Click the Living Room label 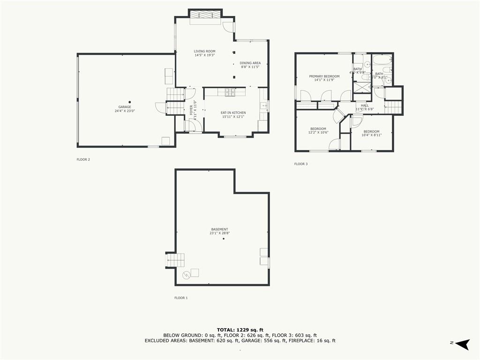(204, 51)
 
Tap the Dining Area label (250, 63)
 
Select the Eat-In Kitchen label (233, 112)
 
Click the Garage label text (124, 107)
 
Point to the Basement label (219, 229)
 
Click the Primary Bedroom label (324, 76)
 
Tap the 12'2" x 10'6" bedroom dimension (318, 133)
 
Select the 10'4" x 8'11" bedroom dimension (371, 135)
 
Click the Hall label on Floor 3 (365, 105)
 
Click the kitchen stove (229, 92)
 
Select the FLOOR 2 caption (83, 159)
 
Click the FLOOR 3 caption (300, 164)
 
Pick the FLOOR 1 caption (180, 298)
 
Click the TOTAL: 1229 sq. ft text (240, 330)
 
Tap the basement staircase (176, 260)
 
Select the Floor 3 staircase (393, 107)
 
